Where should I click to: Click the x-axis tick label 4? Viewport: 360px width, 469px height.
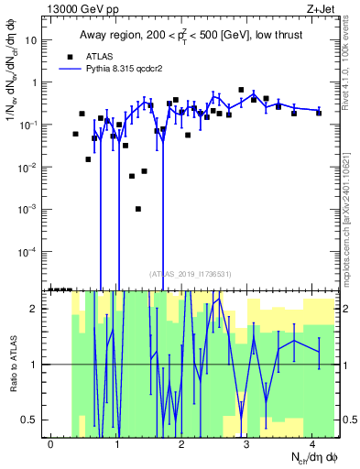coord(312,443)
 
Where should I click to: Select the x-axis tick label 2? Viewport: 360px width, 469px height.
coord(182,443)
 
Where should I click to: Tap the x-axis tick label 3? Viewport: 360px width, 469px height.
coord(247,443)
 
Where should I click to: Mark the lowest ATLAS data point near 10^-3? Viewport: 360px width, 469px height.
coord(138,209)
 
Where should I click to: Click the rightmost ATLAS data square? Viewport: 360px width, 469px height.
coord(319,113)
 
